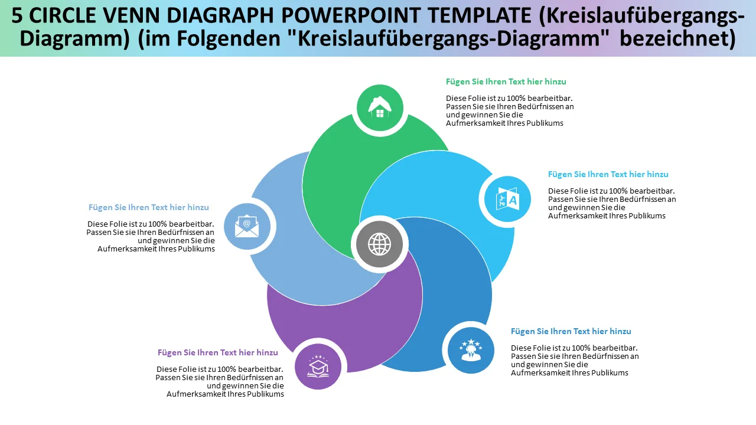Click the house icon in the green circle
point(380,107)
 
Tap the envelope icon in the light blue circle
point(247,227)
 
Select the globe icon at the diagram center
point(380,243)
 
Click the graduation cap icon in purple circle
point(318,367)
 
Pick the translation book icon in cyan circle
point(507,199)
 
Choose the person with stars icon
point(471,349)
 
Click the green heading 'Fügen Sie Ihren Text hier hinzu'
point(506,81)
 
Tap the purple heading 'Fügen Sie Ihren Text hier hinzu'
point(217,352)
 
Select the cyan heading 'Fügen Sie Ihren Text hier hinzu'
point(608,174)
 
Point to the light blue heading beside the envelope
point(148,207)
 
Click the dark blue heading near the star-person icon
point(571,331)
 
